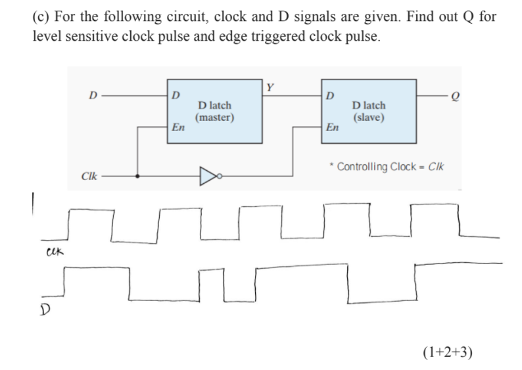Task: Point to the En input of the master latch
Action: pos(176,128)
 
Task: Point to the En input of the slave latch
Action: pos(333,128)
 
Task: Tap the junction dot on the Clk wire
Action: pos(137,175)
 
